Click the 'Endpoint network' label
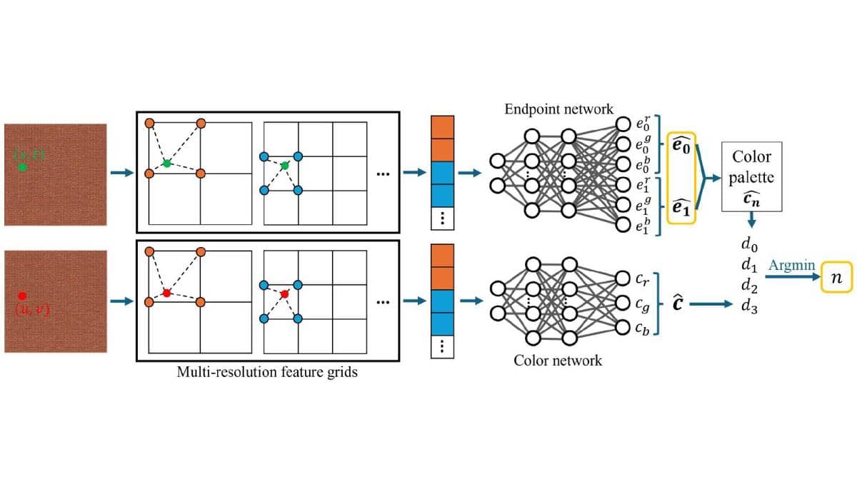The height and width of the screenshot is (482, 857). [558, 109]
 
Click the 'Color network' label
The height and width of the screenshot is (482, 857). [558, 360]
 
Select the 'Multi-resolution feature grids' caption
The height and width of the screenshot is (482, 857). [267, 372]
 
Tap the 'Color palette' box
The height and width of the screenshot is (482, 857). [751, 176]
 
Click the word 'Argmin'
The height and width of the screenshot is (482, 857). [791, 265]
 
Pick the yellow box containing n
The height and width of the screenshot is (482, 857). [837, 278]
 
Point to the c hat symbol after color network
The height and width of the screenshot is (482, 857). [678, 303]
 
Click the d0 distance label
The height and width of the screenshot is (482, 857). [750, 247]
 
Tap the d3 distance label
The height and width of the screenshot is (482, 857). [750, 306]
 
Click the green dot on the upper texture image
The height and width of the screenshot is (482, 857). [22, 167]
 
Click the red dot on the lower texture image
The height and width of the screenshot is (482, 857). [22, 296]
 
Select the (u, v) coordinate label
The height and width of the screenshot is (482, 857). [31, 308]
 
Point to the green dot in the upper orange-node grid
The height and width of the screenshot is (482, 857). [166, 164]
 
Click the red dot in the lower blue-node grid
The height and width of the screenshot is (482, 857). [284, 293]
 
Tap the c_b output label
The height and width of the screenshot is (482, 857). [642, 328]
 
